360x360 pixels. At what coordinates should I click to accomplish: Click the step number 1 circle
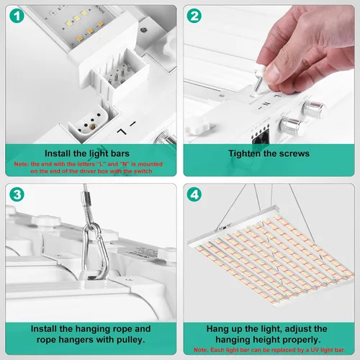[x=17, y=16]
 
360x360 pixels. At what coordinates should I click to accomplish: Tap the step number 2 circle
[x=194, y=16]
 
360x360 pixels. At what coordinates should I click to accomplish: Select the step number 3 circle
[x=17, y=194]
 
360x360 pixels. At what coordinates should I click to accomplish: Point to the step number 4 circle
[x=194, y=194]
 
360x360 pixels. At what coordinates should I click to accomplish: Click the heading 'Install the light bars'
[x=87, y=153]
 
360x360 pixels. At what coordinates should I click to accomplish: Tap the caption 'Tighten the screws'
[x=269, y=153]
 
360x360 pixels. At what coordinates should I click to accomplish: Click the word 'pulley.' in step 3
[x=131, y=340]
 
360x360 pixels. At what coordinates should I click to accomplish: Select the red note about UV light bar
[x=269, y=350]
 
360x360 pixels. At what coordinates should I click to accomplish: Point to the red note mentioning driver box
[x=89, y=168]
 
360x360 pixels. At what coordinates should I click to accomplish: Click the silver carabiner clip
[x=96, y=251]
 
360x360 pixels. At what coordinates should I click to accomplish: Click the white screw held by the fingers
[x=258, y=78]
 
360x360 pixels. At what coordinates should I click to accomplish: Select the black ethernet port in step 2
[x=261, y=138]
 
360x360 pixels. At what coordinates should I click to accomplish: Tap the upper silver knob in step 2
[x=313, y=109]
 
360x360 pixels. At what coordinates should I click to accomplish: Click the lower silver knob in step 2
[x=291, y=125]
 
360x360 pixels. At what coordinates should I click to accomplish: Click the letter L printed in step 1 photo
[x=122, y=132]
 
